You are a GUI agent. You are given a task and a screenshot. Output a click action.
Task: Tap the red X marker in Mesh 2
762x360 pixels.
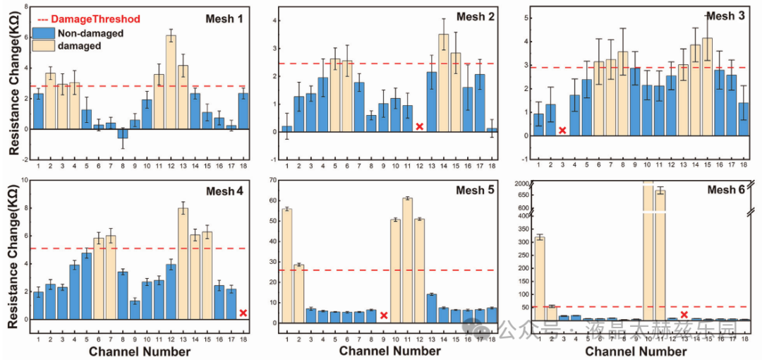point(420,126)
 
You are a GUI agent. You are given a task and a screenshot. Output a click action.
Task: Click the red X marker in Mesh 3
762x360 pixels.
point(562,131)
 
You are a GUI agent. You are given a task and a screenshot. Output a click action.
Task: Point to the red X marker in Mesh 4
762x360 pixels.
point(243,313)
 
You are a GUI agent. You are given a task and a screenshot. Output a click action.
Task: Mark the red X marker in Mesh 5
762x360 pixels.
point(384,315)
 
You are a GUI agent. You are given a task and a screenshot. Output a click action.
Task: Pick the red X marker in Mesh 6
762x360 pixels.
point(684,314)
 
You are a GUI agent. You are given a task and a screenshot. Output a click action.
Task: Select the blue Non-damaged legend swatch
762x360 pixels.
point(41,32)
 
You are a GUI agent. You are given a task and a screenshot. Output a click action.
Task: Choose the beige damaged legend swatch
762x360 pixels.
point(41,46)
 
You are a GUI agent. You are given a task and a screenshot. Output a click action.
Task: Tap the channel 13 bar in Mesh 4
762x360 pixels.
point(183,263)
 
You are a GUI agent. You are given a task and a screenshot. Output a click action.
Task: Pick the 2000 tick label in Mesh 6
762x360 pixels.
point(521,184)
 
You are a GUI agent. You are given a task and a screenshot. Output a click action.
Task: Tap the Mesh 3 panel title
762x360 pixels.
point(728,16)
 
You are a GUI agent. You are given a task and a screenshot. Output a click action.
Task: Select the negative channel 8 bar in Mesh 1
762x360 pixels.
point(123,133)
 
